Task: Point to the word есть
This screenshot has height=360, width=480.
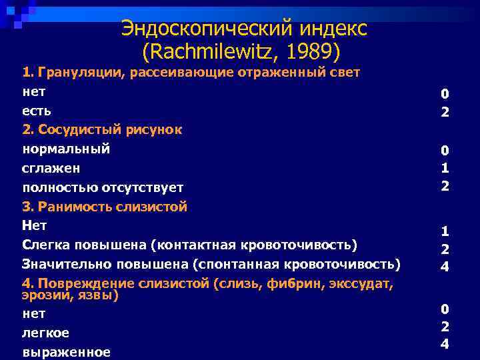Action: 37,110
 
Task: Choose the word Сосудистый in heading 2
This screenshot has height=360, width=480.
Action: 90,129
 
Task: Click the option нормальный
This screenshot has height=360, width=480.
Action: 66,149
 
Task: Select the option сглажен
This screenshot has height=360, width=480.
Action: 51,168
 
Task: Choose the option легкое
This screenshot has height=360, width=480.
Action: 45,333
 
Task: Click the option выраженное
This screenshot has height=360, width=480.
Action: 66,352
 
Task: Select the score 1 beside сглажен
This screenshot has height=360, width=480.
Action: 445,169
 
